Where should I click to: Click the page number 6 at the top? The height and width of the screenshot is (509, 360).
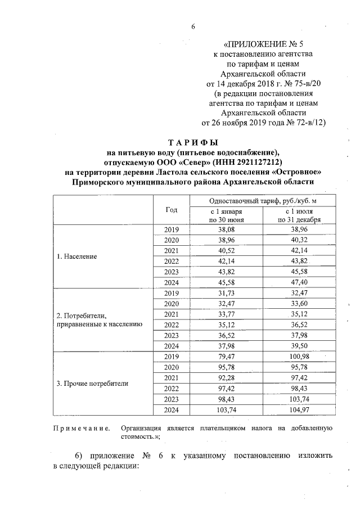coord(192,26)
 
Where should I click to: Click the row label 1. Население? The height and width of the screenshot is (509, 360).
coord(77,256)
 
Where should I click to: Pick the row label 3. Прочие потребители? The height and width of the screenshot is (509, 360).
coord(93,384)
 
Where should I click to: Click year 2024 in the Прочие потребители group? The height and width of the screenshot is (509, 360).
coord(171,410)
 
